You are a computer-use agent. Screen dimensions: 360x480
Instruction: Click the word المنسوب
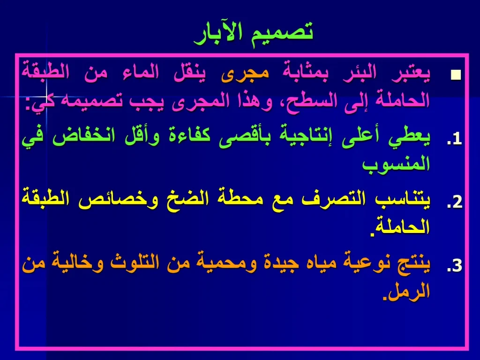point(396,164)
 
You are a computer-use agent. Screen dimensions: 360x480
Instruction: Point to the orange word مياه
point(311,264)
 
